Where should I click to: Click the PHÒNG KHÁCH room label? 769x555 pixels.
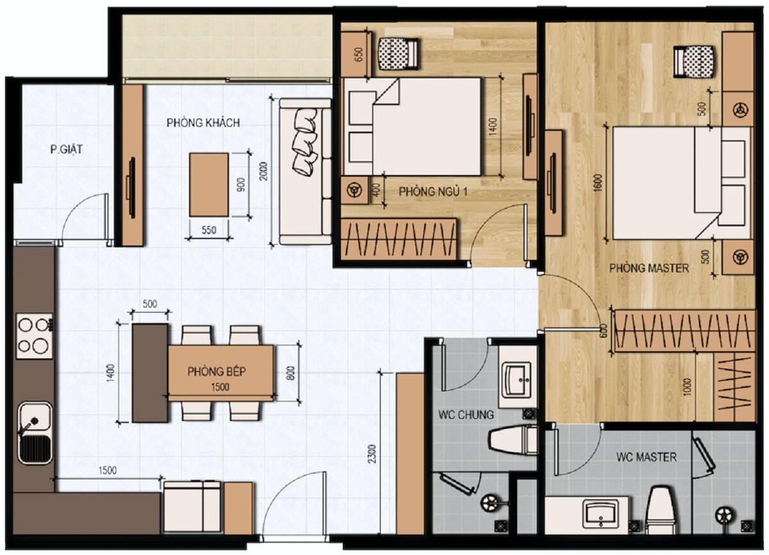coord(203,123)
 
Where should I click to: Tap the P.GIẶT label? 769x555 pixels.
coord(66,149)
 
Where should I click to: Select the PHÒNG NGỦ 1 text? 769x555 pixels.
coord(433,192)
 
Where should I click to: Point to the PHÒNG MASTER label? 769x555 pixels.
coord(649,268)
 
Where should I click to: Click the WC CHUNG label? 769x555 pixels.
coord(466,415)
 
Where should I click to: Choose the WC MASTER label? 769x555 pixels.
coord(647,457)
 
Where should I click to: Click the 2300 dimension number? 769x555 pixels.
coord(372,454)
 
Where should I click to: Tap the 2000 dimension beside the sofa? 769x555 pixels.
coord(263,172)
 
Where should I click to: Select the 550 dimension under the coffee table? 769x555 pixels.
coord(209,230)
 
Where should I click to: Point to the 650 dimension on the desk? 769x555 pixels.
coord(358,54)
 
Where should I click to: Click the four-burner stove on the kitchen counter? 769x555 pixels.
coord(35,336)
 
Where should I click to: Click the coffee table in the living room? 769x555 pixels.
coord(209,185)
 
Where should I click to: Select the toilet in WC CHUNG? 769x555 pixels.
coord(513,440)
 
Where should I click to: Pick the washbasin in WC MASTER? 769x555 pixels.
coord(600,513)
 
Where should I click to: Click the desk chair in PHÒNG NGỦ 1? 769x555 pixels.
coord(398,54)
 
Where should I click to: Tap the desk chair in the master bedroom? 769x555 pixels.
coord(693,62)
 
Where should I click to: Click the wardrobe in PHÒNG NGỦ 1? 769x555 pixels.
coord(399,239)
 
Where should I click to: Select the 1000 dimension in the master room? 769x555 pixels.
coord(686,387)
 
